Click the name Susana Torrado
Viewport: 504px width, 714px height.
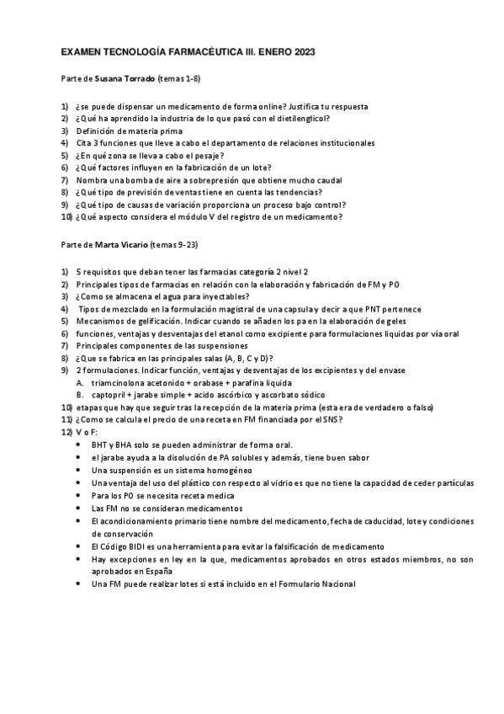(125, 78)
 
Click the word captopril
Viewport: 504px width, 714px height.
(107, 394)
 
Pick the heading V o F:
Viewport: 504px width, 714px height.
(87, 432)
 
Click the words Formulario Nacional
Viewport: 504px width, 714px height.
(316, 583)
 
